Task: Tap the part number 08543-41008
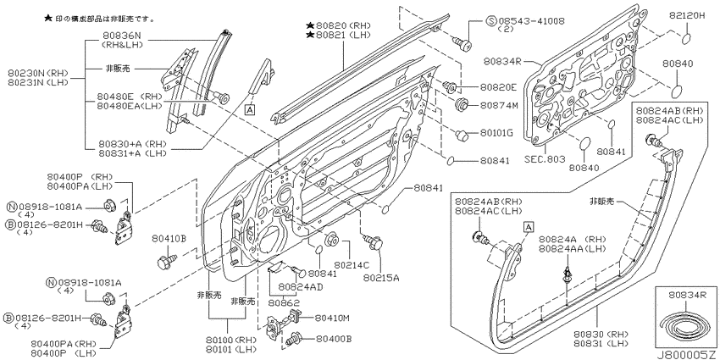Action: tap(531, 20)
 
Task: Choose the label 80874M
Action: tap(499, 106)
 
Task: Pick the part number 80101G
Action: tap(497, 133)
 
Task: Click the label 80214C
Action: tap(352, 265)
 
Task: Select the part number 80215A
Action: tap(381, 278)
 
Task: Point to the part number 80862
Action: tap(284, 303)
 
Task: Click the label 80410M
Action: tap(332, 318)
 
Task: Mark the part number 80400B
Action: tap(334, 339)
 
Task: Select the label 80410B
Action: tap(169, 238)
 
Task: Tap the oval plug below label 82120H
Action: tap(685, 39)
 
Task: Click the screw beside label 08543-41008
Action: tap(462, 42)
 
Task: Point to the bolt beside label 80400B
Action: tap(294, 339)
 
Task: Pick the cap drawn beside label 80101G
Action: tap(462, 135)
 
